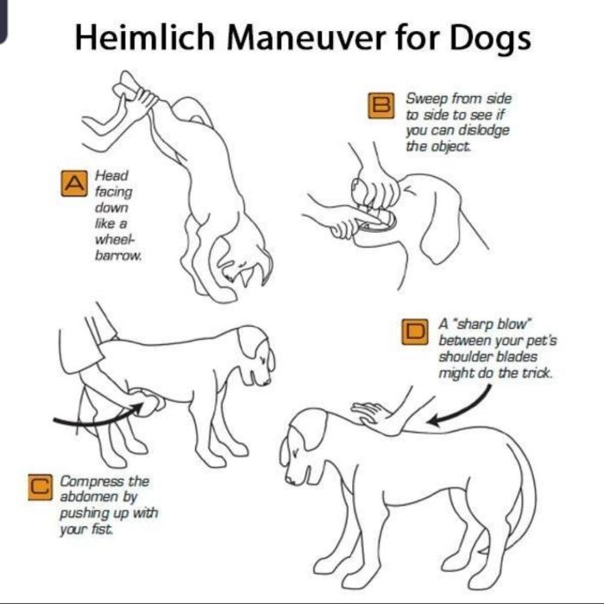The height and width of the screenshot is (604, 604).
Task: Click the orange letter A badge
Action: tap(74, 183)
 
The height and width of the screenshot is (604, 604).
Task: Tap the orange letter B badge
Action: tap(381, 105)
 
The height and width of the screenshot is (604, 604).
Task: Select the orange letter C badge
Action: tap(40, 488)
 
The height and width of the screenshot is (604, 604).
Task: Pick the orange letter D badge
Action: tap(414, 331)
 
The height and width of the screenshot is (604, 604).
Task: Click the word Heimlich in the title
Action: tap(144, 38)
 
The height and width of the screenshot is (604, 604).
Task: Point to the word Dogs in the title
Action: tap(490, 40)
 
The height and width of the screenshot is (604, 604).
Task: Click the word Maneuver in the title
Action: tap(306, 38)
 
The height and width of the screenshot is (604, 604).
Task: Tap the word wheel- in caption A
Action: tap(115, 239)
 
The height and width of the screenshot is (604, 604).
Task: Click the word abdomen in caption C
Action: tap(89, 497)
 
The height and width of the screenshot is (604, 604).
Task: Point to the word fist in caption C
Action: tap(102, 529)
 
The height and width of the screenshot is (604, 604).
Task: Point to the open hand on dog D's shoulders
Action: tap(375, 417)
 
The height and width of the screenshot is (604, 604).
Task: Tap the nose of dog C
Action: tap(267, 382)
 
